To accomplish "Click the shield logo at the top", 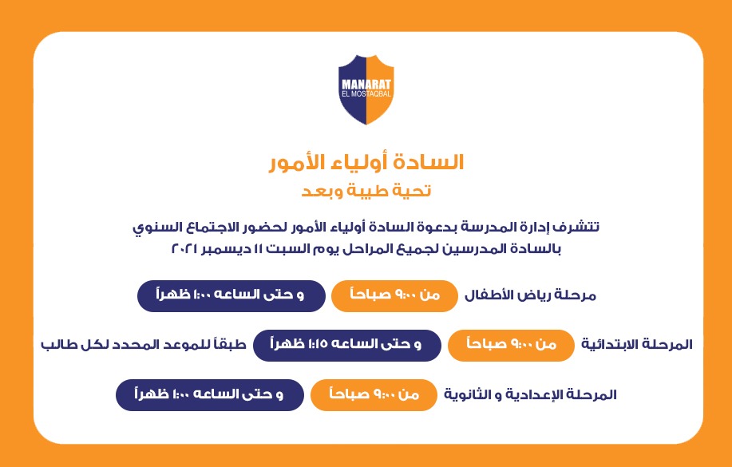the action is pyautogui.click(x=366, y=89).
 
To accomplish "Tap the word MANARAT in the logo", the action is pyautogui.click(x=366, y=85).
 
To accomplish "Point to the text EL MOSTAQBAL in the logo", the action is pyautogui.click(x=366, y=94).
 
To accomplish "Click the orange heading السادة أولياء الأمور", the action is pyautogui.click(x=366, y=163).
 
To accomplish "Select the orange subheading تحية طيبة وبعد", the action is pyautogui.click(x=366, y=191).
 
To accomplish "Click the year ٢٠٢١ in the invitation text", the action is pyautogui.click(x=186, y=248).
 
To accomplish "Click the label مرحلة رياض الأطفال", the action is pyautogui.click(x=530, y=295).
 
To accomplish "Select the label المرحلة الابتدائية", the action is pyautogui.click(x=637, y=345).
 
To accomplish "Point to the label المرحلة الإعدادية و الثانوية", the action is pyautogui.click(x=530, y=394).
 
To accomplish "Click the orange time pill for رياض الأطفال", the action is pyautogui.click(x=394, y=295).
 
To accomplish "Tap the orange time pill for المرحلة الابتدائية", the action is pyautogui.click(x=511, y=345).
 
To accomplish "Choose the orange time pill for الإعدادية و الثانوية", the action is pyautogui.click(x=374, y=395).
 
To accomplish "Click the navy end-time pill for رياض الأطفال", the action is pyautogui.click(x=231, y=295).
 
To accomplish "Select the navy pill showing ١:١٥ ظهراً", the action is pyautogui.click(x=347, y=345).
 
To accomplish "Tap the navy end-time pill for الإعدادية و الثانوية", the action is pyautogui.click(x=210, y=395).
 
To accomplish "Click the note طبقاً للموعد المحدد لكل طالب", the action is pyautogui.click(x=144, y=345).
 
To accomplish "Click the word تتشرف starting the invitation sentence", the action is pyautogui.click(x=577, y=228).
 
